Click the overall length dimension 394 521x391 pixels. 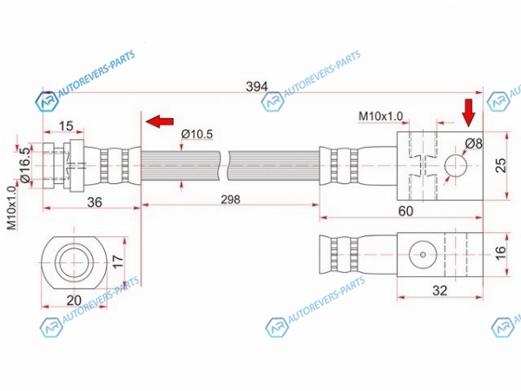tap(256, 87)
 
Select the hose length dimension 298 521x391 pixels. tap(230, 200)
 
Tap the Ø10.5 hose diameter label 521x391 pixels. tap(197, 134)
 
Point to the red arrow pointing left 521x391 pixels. tap(160, 121)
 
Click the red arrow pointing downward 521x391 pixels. tap(469, 113)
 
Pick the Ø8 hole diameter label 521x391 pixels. tap(473, 143)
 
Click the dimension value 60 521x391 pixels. tap(406, 211)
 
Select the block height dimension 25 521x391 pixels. tap(501, 165)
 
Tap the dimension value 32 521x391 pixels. tap(439, 290)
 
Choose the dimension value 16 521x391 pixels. tap(500, 252)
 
